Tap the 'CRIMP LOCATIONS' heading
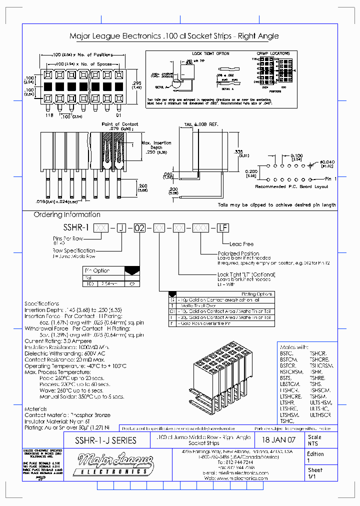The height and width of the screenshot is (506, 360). click(x=273, y=53)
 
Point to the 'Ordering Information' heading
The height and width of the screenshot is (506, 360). click(x=67, y=214)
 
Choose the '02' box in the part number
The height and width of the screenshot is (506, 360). click(x=140, y=228)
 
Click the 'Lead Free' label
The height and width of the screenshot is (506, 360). click(x=242, y=244)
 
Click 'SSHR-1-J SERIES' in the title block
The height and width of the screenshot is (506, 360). click(x=105, y=440)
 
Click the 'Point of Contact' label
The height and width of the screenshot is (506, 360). click(x=120, y=124)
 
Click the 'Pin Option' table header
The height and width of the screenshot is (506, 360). click(x=97, y=270)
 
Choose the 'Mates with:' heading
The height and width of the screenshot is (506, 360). click(x=295, y=346)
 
